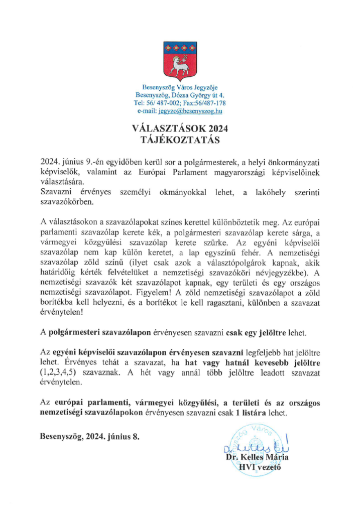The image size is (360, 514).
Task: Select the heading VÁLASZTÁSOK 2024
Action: [x=180, y=130]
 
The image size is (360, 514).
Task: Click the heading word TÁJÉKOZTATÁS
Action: [x=180, y=140]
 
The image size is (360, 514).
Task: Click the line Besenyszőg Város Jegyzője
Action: [x=180, y=87]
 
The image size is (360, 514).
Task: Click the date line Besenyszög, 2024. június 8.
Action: [x=90, y=436]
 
